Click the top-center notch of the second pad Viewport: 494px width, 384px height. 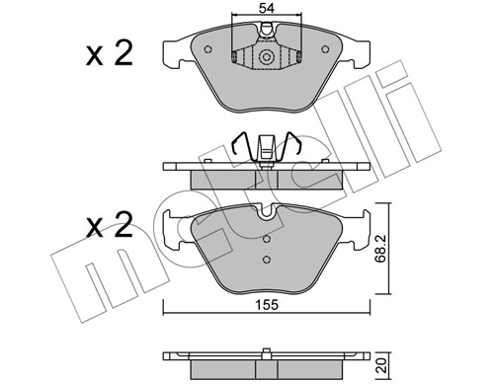pos(264,210)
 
